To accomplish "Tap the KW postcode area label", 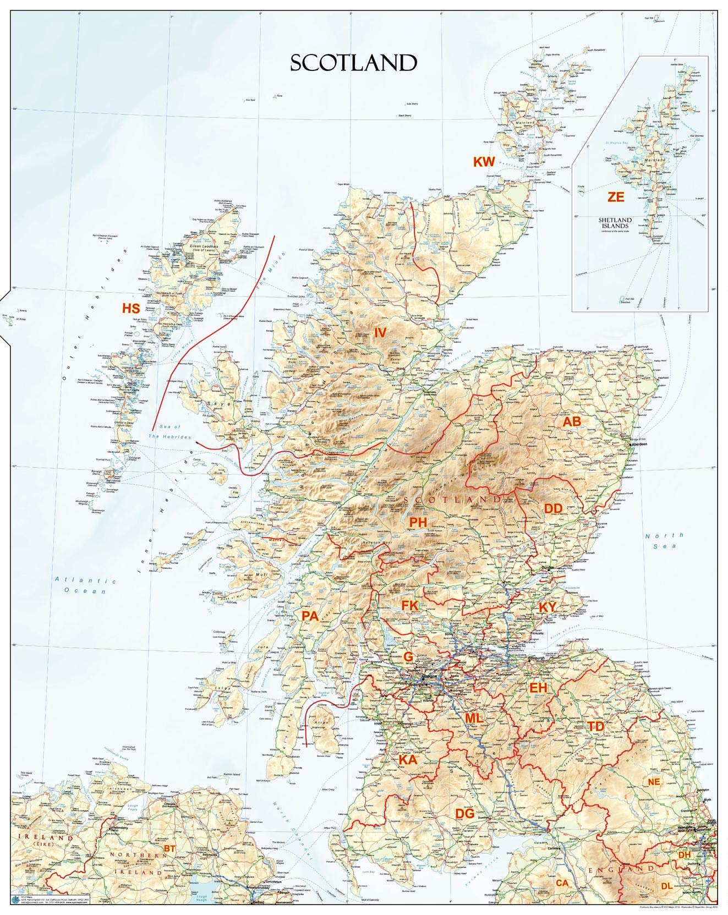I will coord(485,161).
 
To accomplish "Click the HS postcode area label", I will coord(131,308).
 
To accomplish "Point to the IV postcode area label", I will coord(381,332).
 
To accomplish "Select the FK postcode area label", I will coord(410,605).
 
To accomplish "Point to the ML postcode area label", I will coord(474,718).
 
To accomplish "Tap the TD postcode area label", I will coord(596,726).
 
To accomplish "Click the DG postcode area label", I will coord(464,813).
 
